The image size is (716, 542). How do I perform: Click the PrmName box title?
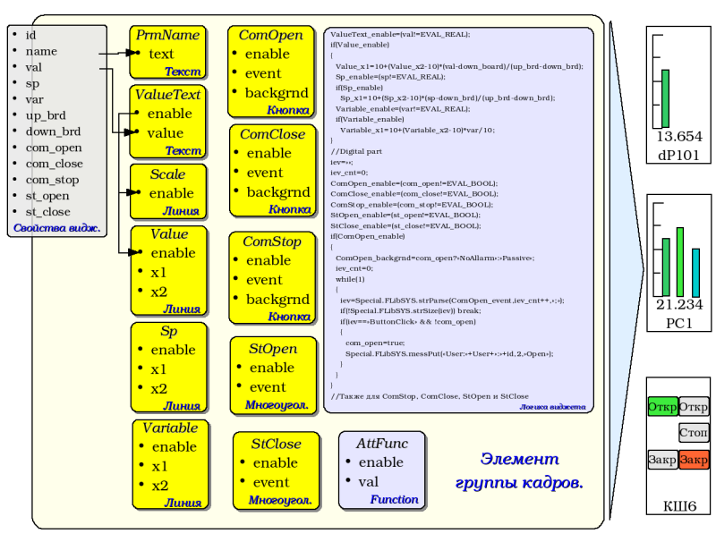(167, 35)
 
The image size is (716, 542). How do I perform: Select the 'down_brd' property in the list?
(53, 131)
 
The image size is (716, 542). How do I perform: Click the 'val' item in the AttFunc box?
(368, 481)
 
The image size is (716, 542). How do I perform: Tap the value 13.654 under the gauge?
(679, 137)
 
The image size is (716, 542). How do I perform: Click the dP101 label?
(679, 155)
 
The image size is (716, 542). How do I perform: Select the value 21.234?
(679, 305)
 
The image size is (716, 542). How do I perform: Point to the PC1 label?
(679, 323)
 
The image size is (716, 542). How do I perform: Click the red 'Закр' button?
(694, 460)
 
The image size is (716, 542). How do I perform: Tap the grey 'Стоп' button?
(694, 434)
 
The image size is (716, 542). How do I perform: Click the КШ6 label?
(679, 507)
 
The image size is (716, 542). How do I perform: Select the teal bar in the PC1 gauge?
(695, 272)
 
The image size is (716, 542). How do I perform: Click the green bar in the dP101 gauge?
(665, 98)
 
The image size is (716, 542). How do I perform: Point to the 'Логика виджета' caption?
(552, 407)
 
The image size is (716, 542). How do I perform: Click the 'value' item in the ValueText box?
(165, 133)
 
